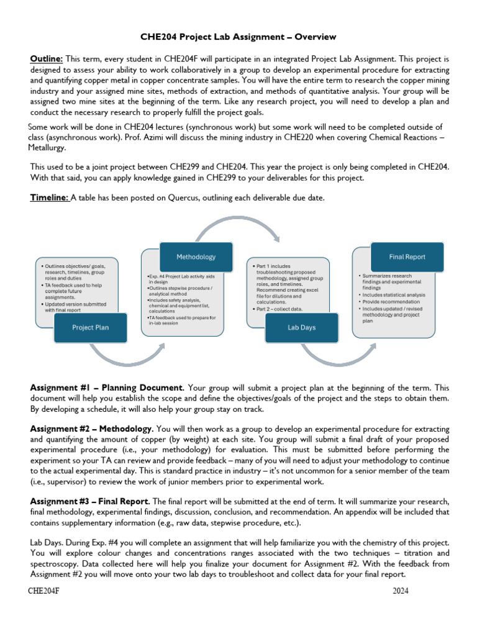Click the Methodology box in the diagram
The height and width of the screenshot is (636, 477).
[196, 257]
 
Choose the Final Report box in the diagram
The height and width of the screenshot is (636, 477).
[407, 256]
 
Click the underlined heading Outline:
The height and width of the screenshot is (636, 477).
[47, 58]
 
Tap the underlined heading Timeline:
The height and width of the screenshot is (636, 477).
[50, 198]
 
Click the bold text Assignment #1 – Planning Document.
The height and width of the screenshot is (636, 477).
[107, 387]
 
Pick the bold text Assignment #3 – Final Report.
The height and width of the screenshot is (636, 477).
[89, 501]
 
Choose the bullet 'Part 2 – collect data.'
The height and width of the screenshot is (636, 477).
[279, 308]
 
